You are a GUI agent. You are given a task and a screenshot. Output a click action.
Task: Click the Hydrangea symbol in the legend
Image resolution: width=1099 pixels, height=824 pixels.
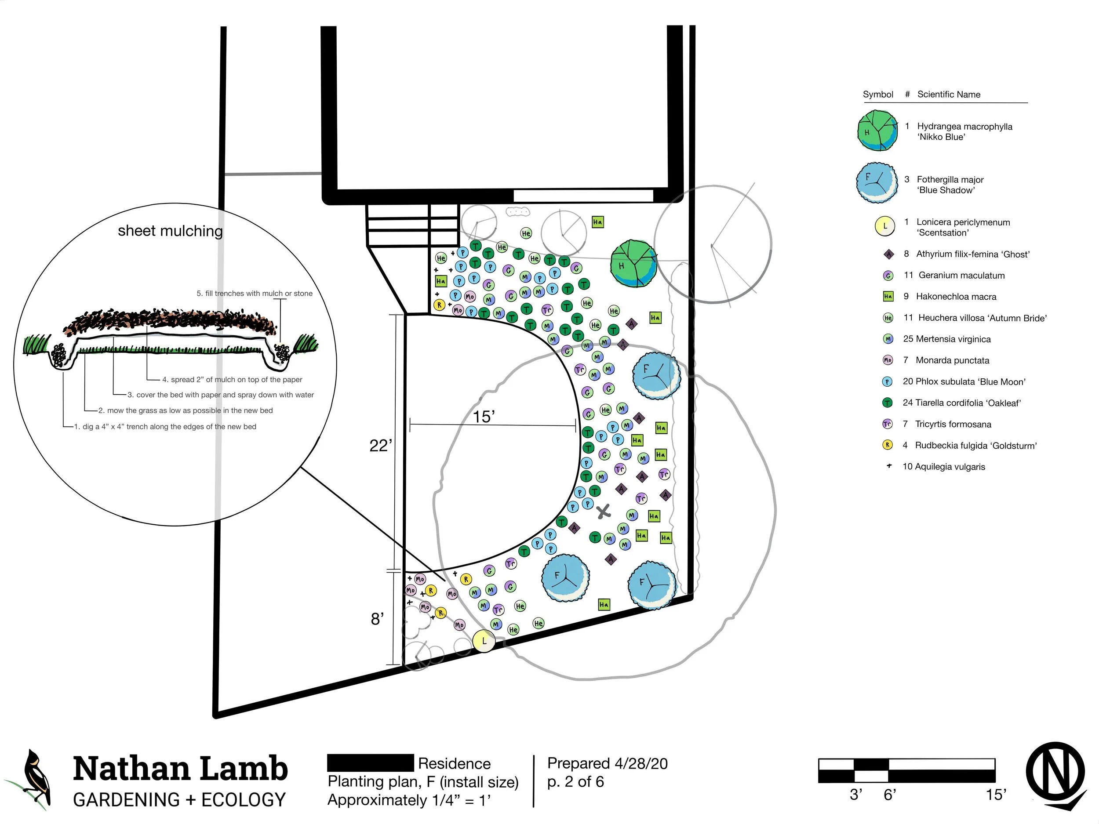877,131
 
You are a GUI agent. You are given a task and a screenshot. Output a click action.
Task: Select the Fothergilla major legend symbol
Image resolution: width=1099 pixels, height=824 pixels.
877,183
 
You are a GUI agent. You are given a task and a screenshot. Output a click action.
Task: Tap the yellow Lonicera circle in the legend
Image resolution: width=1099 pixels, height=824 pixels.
884,226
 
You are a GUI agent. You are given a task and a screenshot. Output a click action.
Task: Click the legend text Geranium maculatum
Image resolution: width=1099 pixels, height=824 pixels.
961,275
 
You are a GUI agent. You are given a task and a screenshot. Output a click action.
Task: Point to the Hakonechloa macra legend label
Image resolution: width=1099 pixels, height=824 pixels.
956,297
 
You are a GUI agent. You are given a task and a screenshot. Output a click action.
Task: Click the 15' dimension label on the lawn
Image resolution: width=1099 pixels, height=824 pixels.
484,416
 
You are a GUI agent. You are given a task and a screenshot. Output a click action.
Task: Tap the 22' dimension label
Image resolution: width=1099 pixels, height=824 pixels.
381,446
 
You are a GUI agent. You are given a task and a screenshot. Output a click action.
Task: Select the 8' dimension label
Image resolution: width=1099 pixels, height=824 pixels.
377,619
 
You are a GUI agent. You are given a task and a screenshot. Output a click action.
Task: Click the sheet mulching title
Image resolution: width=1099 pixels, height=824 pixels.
170,231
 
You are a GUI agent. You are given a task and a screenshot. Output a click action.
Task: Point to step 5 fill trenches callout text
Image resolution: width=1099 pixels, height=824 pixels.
255,294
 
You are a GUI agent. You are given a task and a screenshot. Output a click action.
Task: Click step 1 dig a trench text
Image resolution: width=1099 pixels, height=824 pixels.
165,427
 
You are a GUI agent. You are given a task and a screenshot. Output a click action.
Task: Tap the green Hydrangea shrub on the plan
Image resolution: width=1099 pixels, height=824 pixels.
633,264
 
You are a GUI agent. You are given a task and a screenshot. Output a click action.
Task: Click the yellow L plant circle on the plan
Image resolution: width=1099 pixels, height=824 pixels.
484,641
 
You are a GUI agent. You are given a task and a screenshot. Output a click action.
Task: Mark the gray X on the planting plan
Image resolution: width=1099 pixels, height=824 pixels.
603,511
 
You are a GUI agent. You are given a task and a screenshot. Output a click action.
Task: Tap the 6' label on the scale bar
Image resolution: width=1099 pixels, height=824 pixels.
889,795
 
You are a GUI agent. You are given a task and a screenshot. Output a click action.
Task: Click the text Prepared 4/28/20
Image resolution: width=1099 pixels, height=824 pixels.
607,763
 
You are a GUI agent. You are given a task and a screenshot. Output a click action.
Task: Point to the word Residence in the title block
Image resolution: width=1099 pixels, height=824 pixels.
454,763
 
